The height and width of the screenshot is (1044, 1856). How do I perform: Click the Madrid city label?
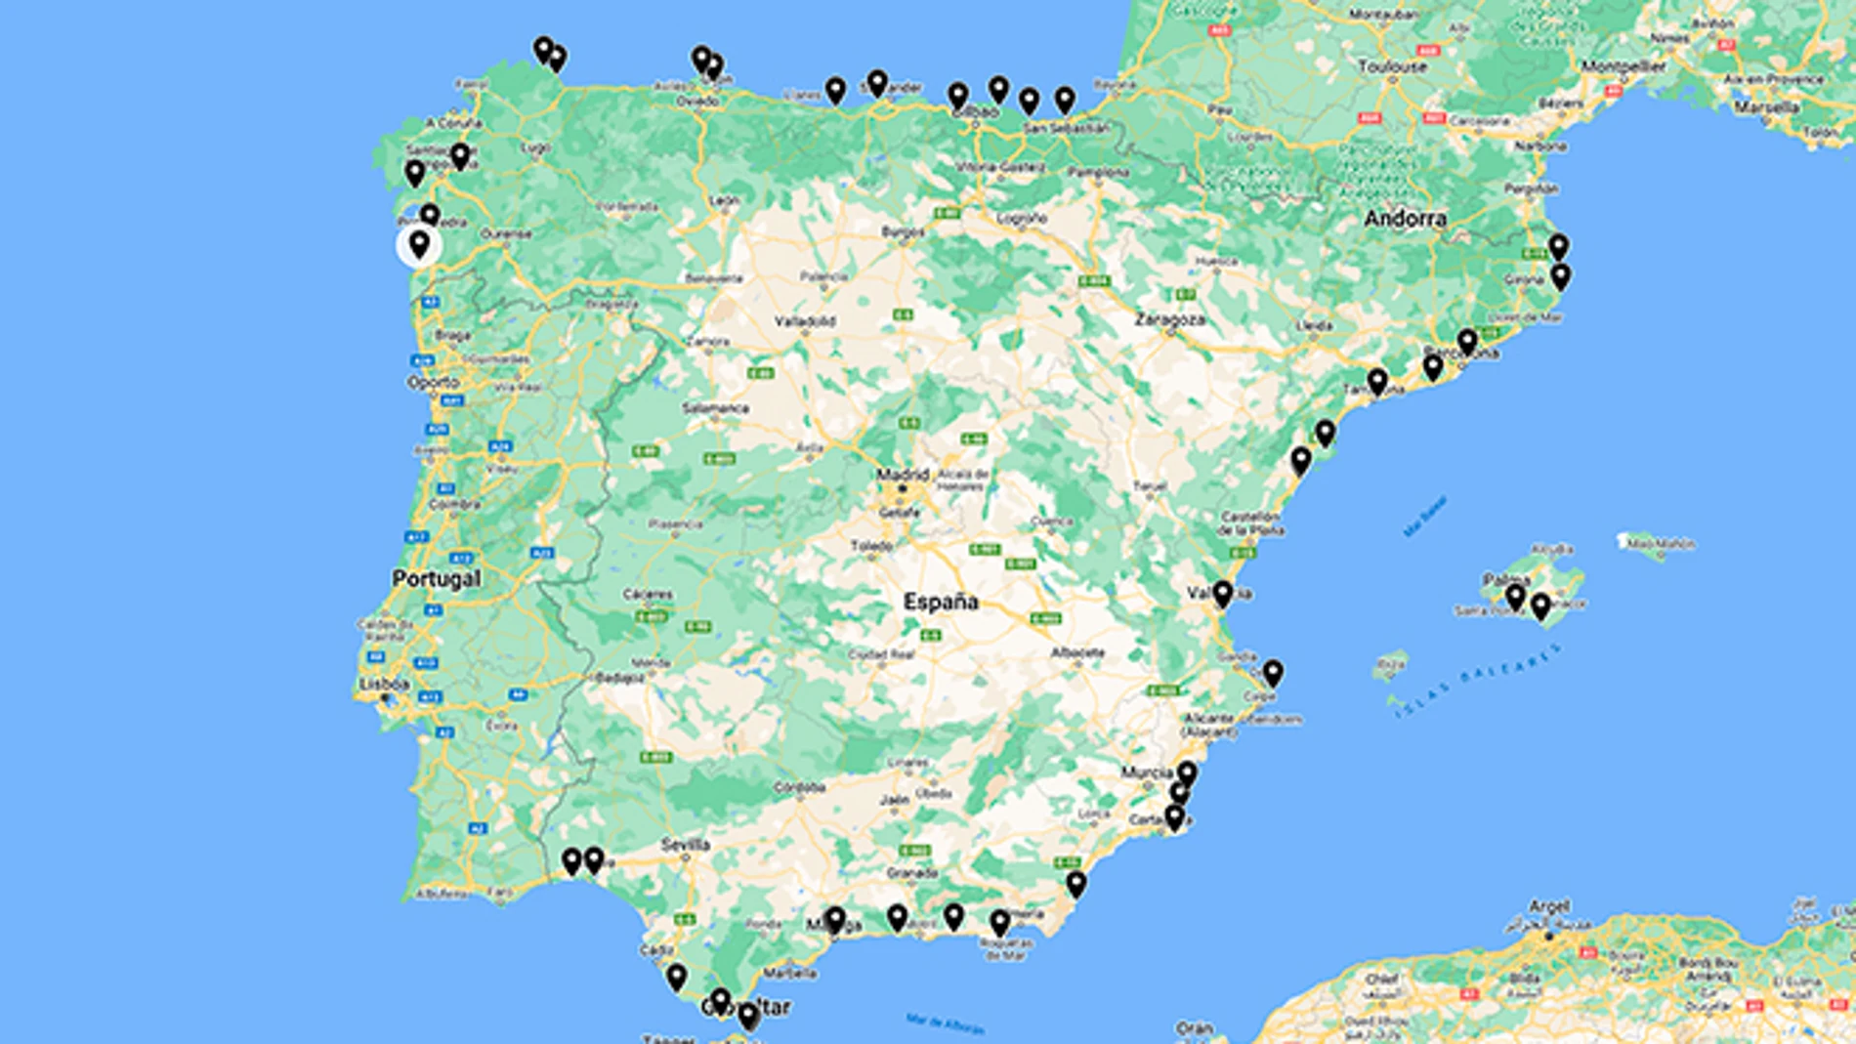902,475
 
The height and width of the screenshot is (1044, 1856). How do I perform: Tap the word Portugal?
436,578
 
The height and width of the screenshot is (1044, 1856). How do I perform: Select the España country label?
940,602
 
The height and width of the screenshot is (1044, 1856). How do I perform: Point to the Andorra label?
1405,218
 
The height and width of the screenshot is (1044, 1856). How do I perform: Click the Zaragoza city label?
1169,319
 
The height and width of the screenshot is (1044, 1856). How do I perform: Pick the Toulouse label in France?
1392,66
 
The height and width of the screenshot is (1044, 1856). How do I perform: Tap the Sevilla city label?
685,845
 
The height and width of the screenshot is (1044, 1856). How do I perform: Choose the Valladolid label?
805,321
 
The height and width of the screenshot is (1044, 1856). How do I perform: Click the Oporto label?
434,382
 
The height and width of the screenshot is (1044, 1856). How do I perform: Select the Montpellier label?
1624,66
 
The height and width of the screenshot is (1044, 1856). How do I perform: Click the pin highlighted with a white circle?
419,244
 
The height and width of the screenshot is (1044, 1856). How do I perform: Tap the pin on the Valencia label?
1223,592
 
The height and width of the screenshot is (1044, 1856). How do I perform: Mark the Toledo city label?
871,546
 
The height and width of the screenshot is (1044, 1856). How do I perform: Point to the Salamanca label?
716,408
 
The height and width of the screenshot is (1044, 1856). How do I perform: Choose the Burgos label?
903,232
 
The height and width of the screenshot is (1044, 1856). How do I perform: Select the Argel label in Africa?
1549,907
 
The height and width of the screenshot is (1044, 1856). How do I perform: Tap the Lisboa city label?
384,684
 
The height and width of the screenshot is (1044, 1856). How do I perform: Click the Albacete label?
1077,652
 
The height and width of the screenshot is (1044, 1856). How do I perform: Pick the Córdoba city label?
799,787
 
